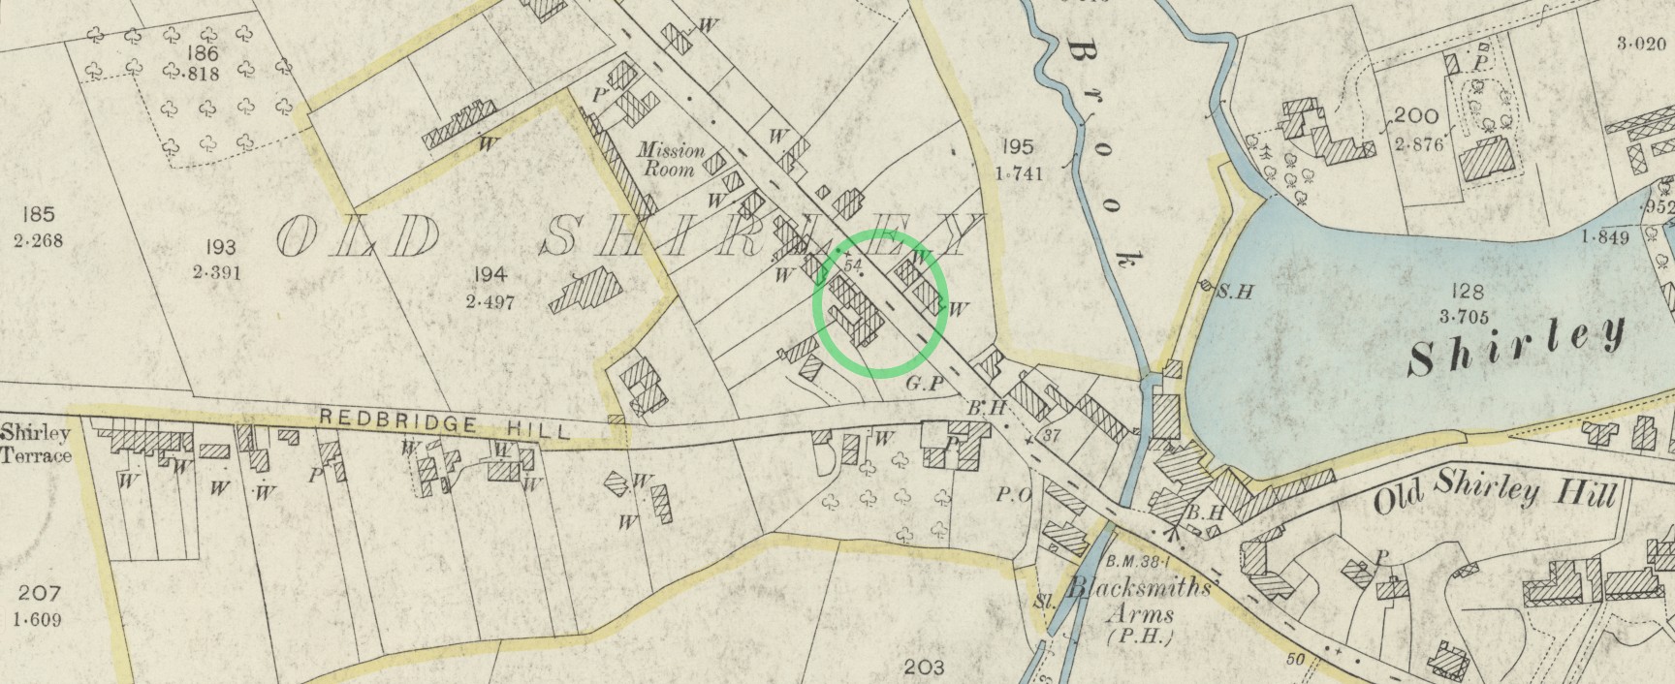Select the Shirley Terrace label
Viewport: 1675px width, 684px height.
click(x=36, y=444)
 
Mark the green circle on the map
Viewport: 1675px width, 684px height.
click(x=880, y=302)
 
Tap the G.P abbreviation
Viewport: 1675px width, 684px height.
click(x=925, y=385)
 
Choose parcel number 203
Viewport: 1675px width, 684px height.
click(x=923, y=667)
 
